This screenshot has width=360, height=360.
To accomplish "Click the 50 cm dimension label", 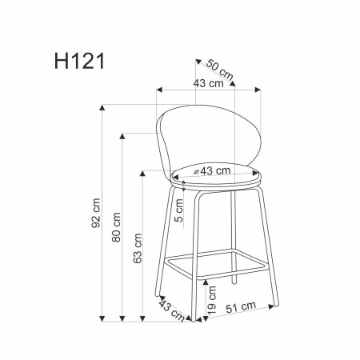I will coord(218,70).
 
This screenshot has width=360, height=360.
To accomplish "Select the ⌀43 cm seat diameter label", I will coord(211,170).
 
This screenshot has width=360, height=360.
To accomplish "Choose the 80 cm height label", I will coord(115,227).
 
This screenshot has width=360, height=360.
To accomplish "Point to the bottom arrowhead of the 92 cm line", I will coord(103,318).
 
